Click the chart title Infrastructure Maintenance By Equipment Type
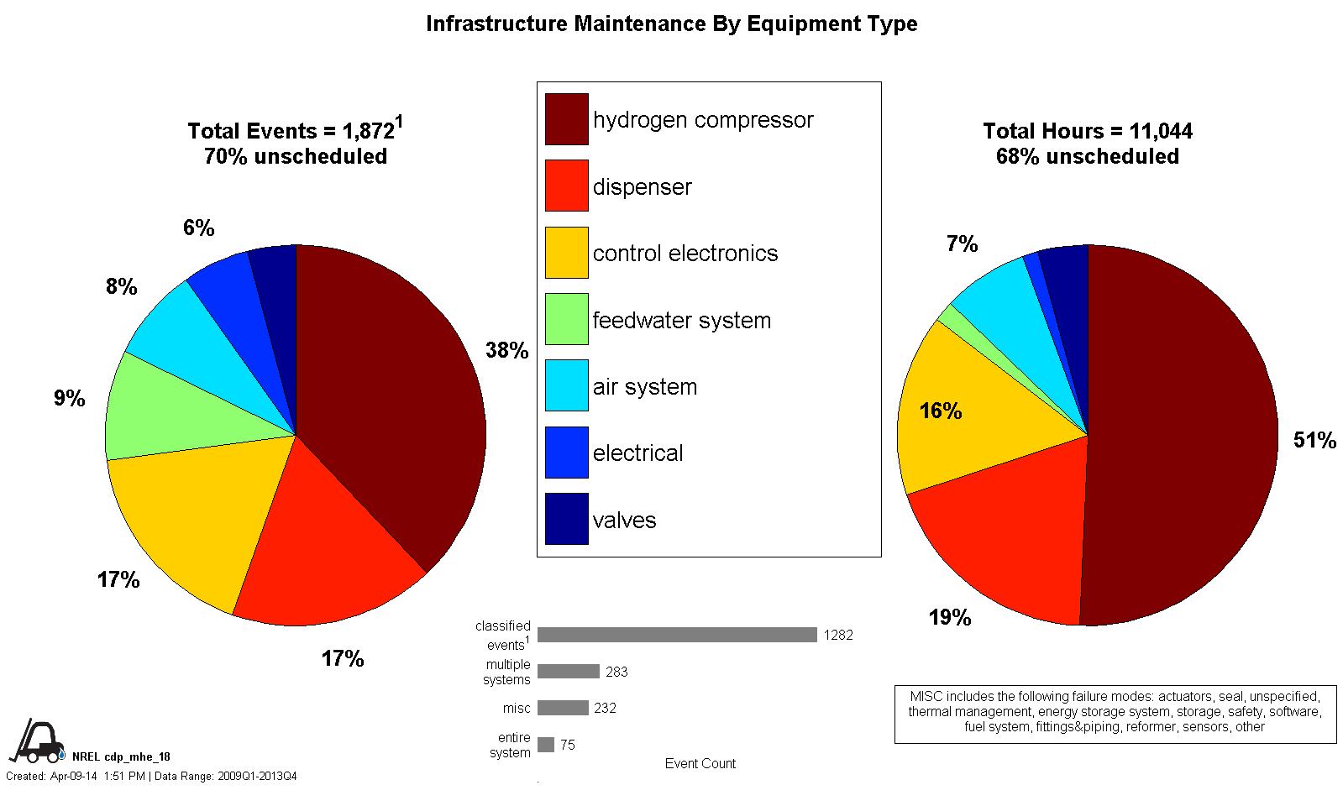(671, 24)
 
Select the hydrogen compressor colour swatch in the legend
(567, 119)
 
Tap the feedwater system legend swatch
(567, 319)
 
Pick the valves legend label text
(624, 520)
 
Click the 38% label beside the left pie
(506, 351)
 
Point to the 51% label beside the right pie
(1314, 441)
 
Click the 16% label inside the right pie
(941, 411)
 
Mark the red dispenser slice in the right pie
(1008, 537)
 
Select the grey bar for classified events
(677, 635)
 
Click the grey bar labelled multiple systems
(569, 672)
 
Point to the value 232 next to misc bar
(605, 709)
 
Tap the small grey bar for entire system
(546, 745)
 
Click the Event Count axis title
(700, 763)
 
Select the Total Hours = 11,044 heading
(1088, 131)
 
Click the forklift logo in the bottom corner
(37, 741)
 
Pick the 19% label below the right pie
(949, 618)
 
